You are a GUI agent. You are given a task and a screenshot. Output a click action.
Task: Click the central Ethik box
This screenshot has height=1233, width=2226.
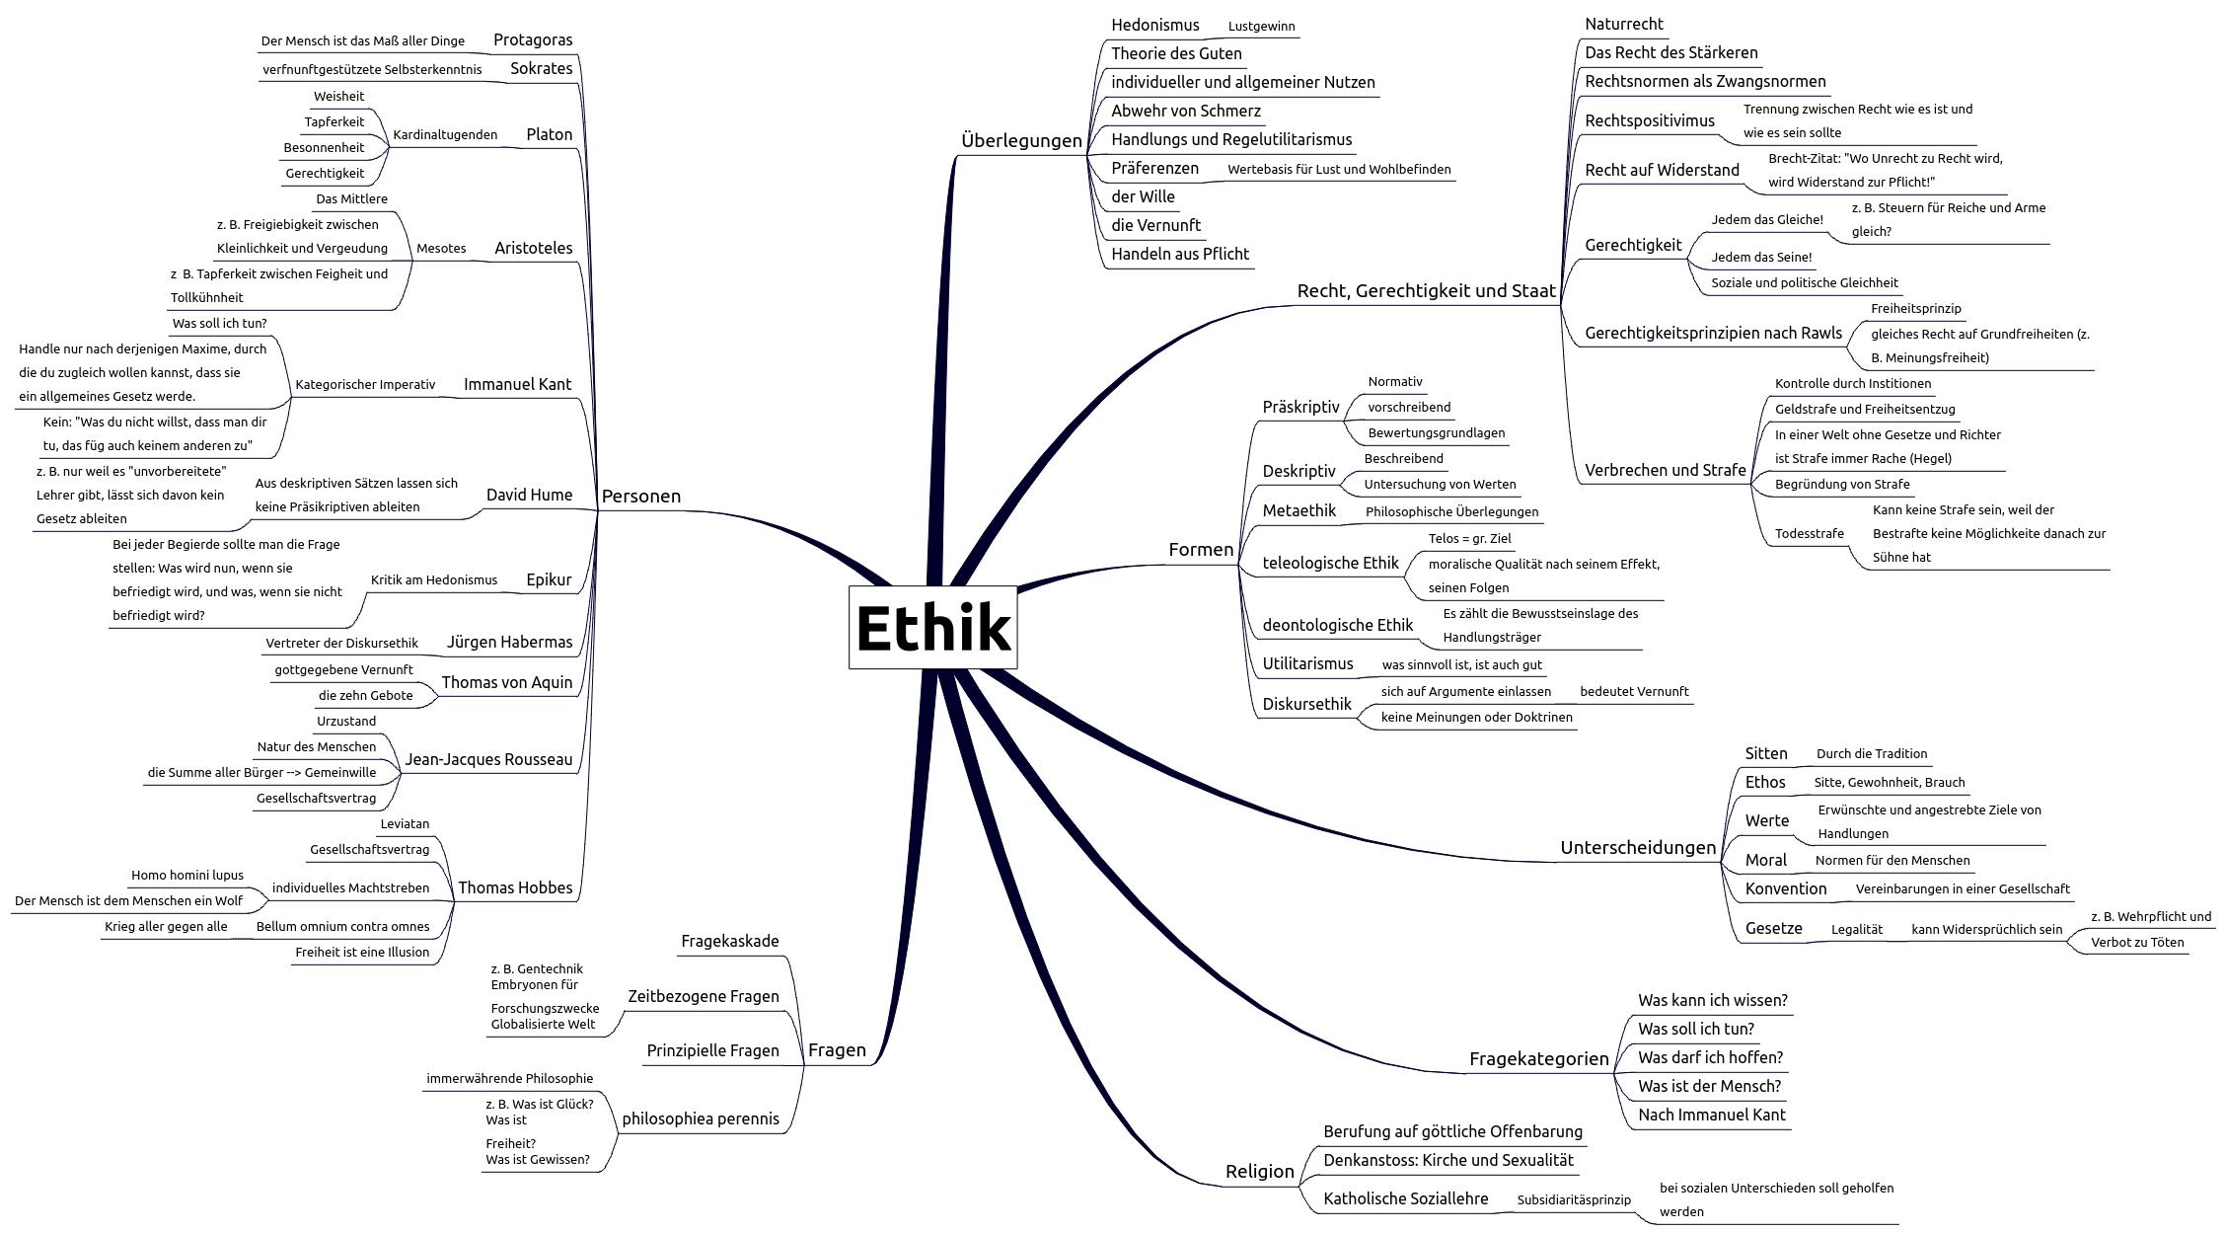tap(932, 628)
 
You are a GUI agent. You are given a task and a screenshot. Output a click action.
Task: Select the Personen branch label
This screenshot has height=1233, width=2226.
tap(640, 497)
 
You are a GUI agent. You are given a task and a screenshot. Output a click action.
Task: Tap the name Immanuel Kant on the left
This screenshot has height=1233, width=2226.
tap(517, 385)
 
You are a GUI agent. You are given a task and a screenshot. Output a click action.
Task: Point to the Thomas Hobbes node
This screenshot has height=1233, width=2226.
tap(514, 888)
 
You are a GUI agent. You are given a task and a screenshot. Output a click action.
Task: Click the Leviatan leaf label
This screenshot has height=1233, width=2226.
tap(405, 824)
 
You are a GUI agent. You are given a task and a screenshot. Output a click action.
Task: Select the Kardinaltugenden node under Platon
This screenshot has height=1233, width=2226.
tap(445, 135)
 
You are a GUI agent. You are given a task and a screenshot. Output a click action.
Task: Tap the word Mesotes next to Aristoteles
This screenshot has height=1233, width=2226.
tap(441, 249)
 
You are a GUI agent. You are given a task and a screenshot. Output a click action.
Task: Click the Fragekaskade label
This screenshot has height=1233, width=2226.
tap(729, 942)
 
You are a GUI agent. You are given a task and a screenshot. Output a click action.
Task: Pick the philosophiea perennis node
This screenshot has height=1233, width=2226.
tap(700, 1119)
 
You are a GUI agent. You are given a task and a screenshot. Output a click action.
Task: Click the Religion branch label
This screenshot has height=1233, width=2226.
tap(1259, 1172)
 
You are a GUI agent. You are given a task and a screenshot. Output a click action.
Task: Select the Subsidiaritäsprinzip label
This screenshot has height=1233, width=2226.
tap(1574, 1200)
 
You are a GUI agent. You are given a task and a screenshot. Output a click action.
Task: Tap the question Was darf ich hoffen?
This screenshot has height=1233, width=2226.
tap(1710, 1058)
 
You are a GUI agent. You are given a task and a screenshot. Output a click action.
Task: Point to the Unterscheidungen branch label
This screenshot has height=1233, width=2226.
tap(1637, 848)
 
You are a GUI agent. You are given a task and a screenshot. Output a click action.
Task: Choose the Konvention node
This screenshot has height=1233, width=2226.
tap(1785, 889)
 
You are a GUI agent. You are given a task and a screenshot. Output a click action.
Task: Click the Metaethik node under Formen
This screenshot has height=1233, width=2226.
tap(1298, 511)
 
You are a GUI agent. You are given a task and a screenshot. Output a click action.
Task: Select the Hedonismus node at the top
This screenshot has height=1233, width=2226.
tap(1154, 26)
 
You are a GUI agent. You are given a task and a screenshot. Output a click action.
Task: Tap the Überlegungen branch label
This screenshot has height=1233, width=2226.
tap(1021, 141)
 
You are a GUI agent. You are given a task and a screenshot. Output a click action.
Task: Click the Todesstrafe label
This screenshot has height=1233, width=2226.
tap(1809, 534)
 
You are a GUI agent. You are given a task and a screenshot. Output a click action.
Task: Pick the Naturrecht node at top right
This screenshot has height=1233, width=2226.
tap(1623, 25)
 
